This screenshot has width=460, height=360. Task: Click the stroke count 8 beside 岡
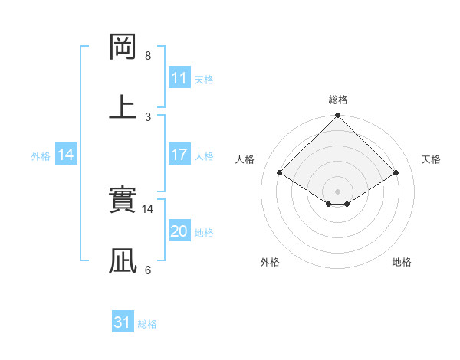pos(148,56)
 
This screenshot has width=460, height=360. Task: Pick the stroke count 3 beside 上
pos(148,116)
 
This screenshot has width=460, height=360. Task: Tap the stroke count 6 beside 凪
pos(148,270)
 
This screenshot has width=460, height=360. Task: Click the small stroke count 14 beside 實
pos(148,208)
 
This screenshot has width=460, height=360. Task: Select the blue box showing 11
pos(179,78)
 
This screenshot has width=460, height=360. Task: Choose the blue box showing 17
pos(179,155)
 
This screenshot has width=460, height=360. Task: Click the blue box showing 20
pos(179,231)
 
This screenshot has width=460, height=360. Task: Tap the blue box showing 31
pos(123,322)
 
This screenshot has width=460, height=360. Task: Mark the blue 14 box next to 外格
pos(66,155)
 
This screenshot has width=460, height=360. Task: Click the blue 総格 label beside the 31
pos(147,324)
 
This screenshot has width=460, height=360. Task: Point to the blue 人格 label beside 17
pos(204,156)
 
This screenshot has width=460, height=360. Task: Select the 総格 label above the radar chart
pos(338,100)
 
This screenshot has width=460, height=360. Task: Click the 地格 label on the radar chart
pos(402,262)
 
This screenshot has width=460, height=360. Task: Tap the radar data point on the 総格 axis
pos(338,116)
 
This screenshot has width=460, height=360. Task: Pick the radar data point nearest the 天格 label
pos(396,173)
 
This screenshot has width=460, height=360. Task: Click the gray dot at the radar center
pos(338,191)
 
